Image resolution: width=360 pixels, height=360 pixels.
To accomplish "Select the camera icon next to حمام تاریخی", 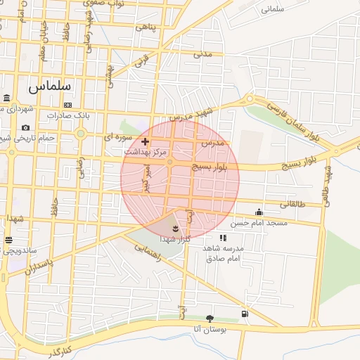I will pyautogui.click(x=26, y=127).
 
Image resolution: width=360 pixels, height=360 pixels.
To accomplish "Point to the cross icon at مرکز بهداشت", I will pyautogui.click(x=146, y=141).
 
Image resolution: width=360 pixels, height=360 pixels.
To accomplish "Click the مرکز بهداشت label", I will pyautogui.click(x=146, y=152).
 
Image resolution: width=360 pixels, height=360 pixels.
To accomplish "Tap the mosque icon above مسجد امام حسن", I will pyautogui.click(x=259, y=212).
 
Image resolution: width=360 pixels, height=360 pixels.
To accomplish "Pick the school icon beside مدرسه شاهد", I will pyautogui.click(x=222, y=238).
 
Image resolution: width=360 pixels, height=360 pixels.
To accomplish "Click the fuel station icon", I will pyautogui.click(x=244, y=314).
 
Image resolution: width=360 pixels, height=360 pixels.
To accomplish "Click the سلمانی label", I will pyautogui.click(x=274, y=10).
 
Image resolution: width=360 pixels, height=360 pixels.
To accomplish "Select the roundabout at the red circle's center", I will pyautogui.click(x=170, y=163).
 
